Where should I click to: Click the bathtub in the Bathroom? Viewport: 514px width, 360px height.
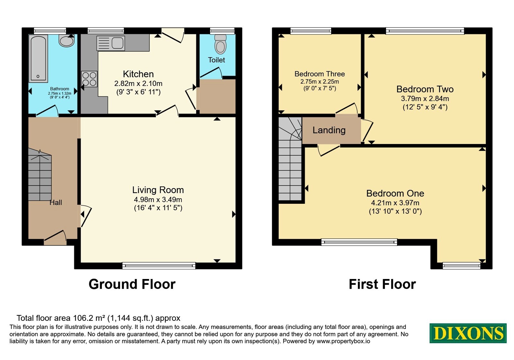tap(38, 58)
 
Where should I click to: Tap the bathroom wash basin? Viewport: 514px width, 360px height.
tap(66, 40)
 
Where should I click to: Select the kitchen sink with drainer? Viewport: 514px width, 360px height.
tap(111, 43)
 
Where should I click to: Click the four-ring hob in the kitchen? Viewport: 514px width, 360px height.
tap(89, 79)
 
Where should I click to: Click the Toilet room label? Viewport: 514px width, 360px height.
tap(217, 60)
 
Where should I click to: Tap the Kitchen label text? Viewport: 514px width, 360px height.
tap(138, 74)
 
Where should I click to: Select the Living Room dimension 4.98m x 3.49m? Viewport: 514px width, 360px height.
tap(158, 199)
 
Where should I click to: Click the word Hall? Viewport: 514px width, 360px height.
tap(56, 202)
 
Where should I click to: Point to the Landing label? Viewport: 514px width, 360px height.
tap(329, 130)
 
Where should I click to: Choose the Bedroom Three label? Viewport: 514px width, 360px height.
tap(320, 74)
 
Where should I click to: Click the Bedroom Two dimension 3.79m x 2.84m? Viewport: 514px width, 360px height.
tap(425, 98)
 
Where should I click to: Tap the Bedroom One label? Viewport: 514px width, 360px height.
tap(395, 193)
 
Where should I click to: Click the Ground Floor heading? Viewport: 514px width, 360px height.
tap(132, 284)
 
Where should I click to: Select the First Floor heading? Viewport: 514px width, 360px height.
tap(382, 284)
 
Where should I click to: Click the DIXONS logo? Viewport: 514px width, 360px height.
tap(468, 333)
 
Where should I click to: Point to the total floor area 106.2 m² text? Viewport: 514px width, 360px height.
tap(98, 318)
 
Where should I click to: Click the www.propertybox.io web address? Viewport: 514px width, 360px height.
tap(343, 341)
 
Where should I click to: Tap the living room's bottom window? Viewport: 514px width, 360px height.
tap(159, 266)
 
